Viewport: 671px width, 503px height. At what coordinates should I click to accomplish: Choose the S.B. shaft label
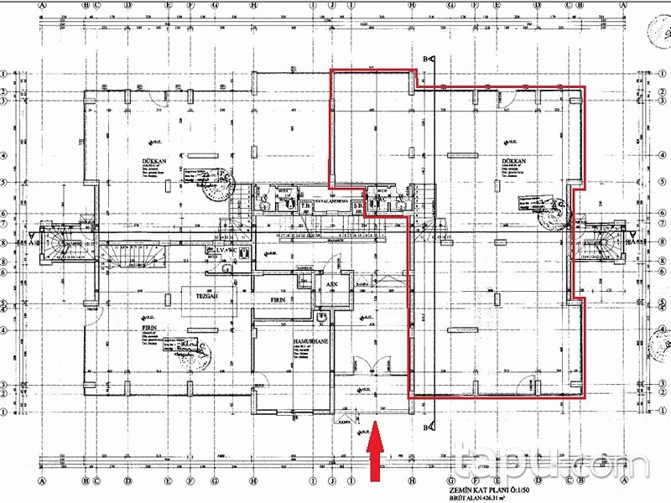point(357,205)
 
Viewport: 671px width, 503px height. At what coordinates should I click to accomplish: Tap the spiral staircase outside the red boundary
point(606,242)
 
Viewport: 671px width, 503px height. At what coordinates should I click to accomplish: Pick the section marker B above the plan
point(427,59)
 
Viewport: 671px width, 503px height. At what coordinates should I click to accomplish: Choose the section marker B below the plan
point(427,427)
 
